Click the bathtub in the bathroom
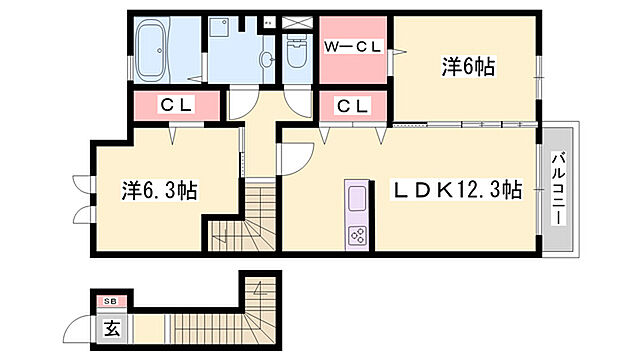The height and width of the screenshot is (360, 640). click(x=151, y=51)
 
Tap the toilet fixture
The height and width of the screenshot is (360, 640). click(x=297, y=51)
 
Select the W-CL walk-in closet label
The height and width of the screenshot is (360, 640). click(x=353, y=47)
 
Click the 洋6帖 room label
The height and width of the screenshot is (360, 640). click(x=468, y=67)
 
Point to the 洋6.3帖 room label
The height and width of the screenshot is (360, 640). click(x=159, y=190)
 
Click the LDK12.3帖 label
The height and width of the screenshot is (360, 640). click(x=457, y=190)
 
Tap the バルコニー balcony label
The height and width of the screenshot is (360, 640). click(x=558, y=188)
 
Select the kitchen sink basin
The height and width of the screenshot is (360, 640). click(x=357, y=198)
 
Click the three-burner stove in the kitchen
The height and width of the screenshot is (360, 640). click(x=357, y=236)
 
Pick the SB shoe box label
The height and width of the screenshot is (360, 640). click(x=110, y=301)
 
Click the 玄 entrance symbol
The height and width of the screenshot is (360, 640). click(x=112, y=328)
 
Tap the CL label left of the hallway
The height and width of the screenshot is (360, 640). click(x=176, y=105)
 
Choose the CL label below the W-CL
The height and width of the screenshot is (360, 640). click(x=353, y=106)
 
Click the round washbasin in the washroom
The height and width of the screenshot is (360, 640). click(x=267, y=60)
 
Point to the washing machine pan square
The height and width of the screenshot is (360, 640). click(x=220, y=28)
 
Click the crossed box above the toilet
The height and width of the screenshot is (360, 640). click(x=297, y=22)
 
